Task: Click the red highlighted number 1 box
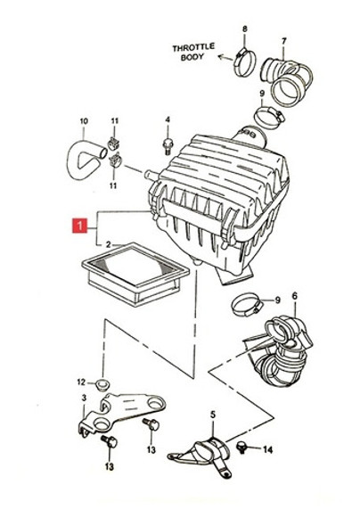pos(80,226)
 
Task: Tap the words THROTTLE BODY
pos(193,52)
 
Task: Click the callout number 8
pos(245,29)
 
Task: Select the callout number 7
pos(284,42)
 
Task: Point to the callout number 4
pos(168,119)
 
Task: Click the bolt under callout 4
pos(168,146)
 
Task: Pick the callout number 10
pos(84,121)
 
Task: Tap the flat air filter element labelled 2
pos(135,274)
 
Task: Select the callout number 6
pos(295,296)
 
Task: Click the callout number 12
pos(81,382)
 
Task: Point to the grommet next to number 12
pos(102,383)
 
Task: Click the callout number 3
pos(84,398)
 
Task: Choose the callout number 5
pos(213,415)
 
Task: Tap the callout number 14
pos(267,450)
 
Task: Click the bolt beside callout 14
pos(241,447)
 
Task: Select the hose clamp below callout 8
pos(245,62)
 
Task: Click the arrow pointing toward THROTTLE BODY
pos(225,58)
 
